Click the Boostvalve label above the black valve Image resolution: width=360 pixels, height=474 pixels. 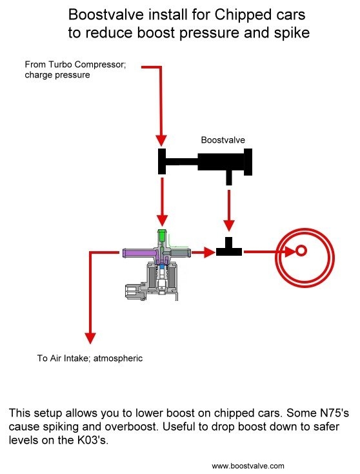click(223, 139)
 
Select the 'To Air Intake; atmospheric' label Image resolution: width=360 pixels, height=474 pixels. click(90, 357)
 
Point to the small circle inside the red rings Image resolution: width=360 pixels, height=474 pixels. click(301, 251)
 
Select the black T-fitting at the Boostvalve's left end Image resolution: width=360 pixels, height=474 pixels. click(163, 161)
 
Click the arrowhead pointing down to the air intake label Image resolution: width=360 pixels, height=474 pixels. click(90, 336)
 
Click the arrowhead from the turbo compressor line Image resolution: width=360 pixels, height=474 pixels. click(161, 139)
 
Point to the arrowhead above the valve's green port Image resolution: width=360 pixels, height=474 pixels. click(161, 218)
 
